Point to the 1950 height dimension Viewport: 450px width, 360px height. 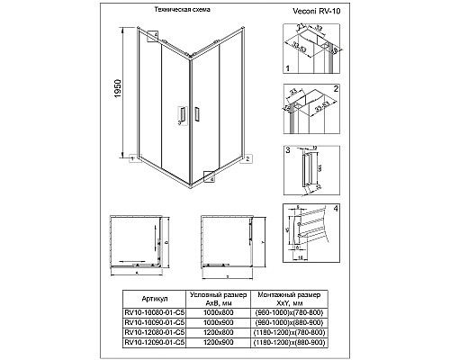point(107,91)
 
